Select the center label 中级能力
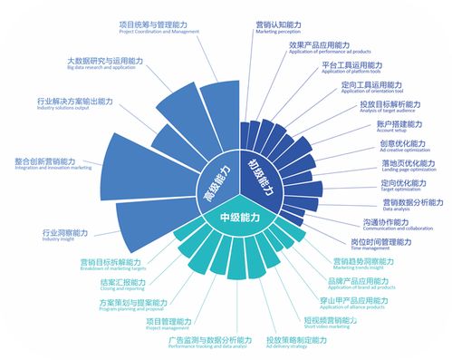239,218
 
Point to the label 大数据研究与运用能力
106,62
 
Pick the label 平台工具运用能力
351,64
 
